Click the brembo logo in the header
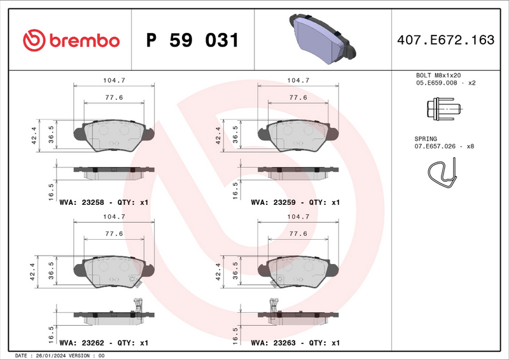71,40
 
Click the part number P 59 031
192,41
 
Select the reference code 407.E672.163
445,40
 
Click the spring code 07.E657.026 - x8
445,146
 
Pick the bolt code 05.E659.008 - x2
445,83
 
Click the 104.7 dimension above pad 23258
114,81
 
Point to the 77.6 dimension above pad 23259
298,97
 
